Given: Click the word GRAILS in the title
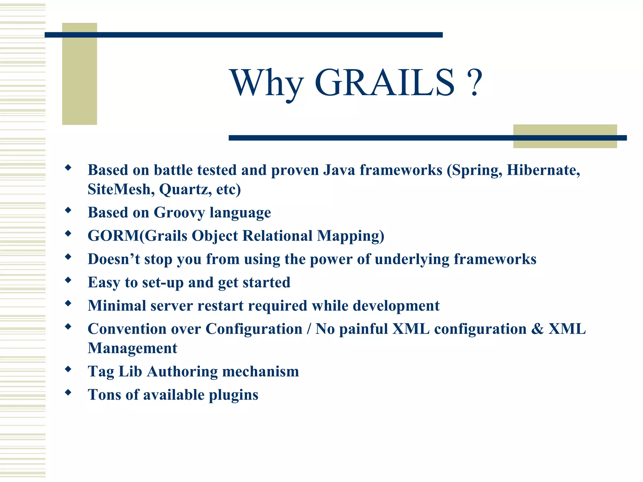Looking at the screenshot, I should click(384, 83).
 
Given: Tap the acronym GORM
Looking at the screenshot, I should click(113, 236).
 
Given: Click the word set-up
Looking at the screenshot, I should click(163, 282).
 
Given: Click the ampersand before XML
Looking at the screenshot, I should click(538, 329).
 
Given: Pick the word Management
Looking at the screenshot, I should click(132, 348).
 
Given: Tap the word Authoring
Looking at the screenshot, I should click(182, 372).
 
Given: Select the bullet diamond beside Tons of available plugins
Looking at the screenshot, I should click(68, 392).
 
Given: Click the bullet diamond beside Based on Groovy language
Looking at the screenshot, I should click(68, 210).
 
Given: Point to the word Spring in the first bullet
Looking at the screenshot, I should click(474, 171).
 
